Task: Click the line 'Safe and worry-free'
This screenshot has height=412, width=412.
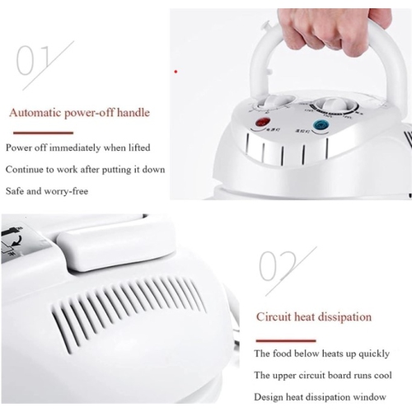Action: [x=47, y=191]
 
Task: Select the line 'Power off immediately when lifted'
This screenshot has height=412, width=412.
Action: [x=79, y=147]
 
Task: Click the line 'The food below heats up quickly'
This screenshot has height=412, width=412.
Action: [x=321, y=353]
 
